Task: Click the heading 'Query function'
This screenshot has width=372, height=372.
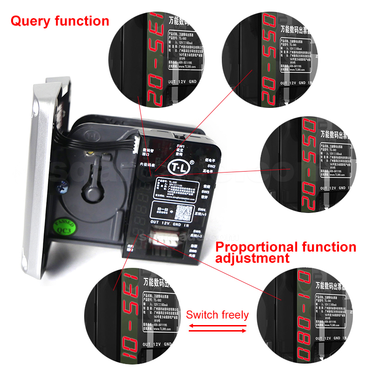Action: [x=60, y=21]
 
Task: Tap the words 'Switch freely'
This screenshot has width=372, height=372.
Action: [x=217, y=315]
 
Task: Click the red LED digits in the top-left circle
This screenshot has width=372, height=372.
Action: [x=155, y=60]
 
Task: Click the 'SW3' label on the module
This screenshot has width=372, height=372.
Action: [x=205, y=191]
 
